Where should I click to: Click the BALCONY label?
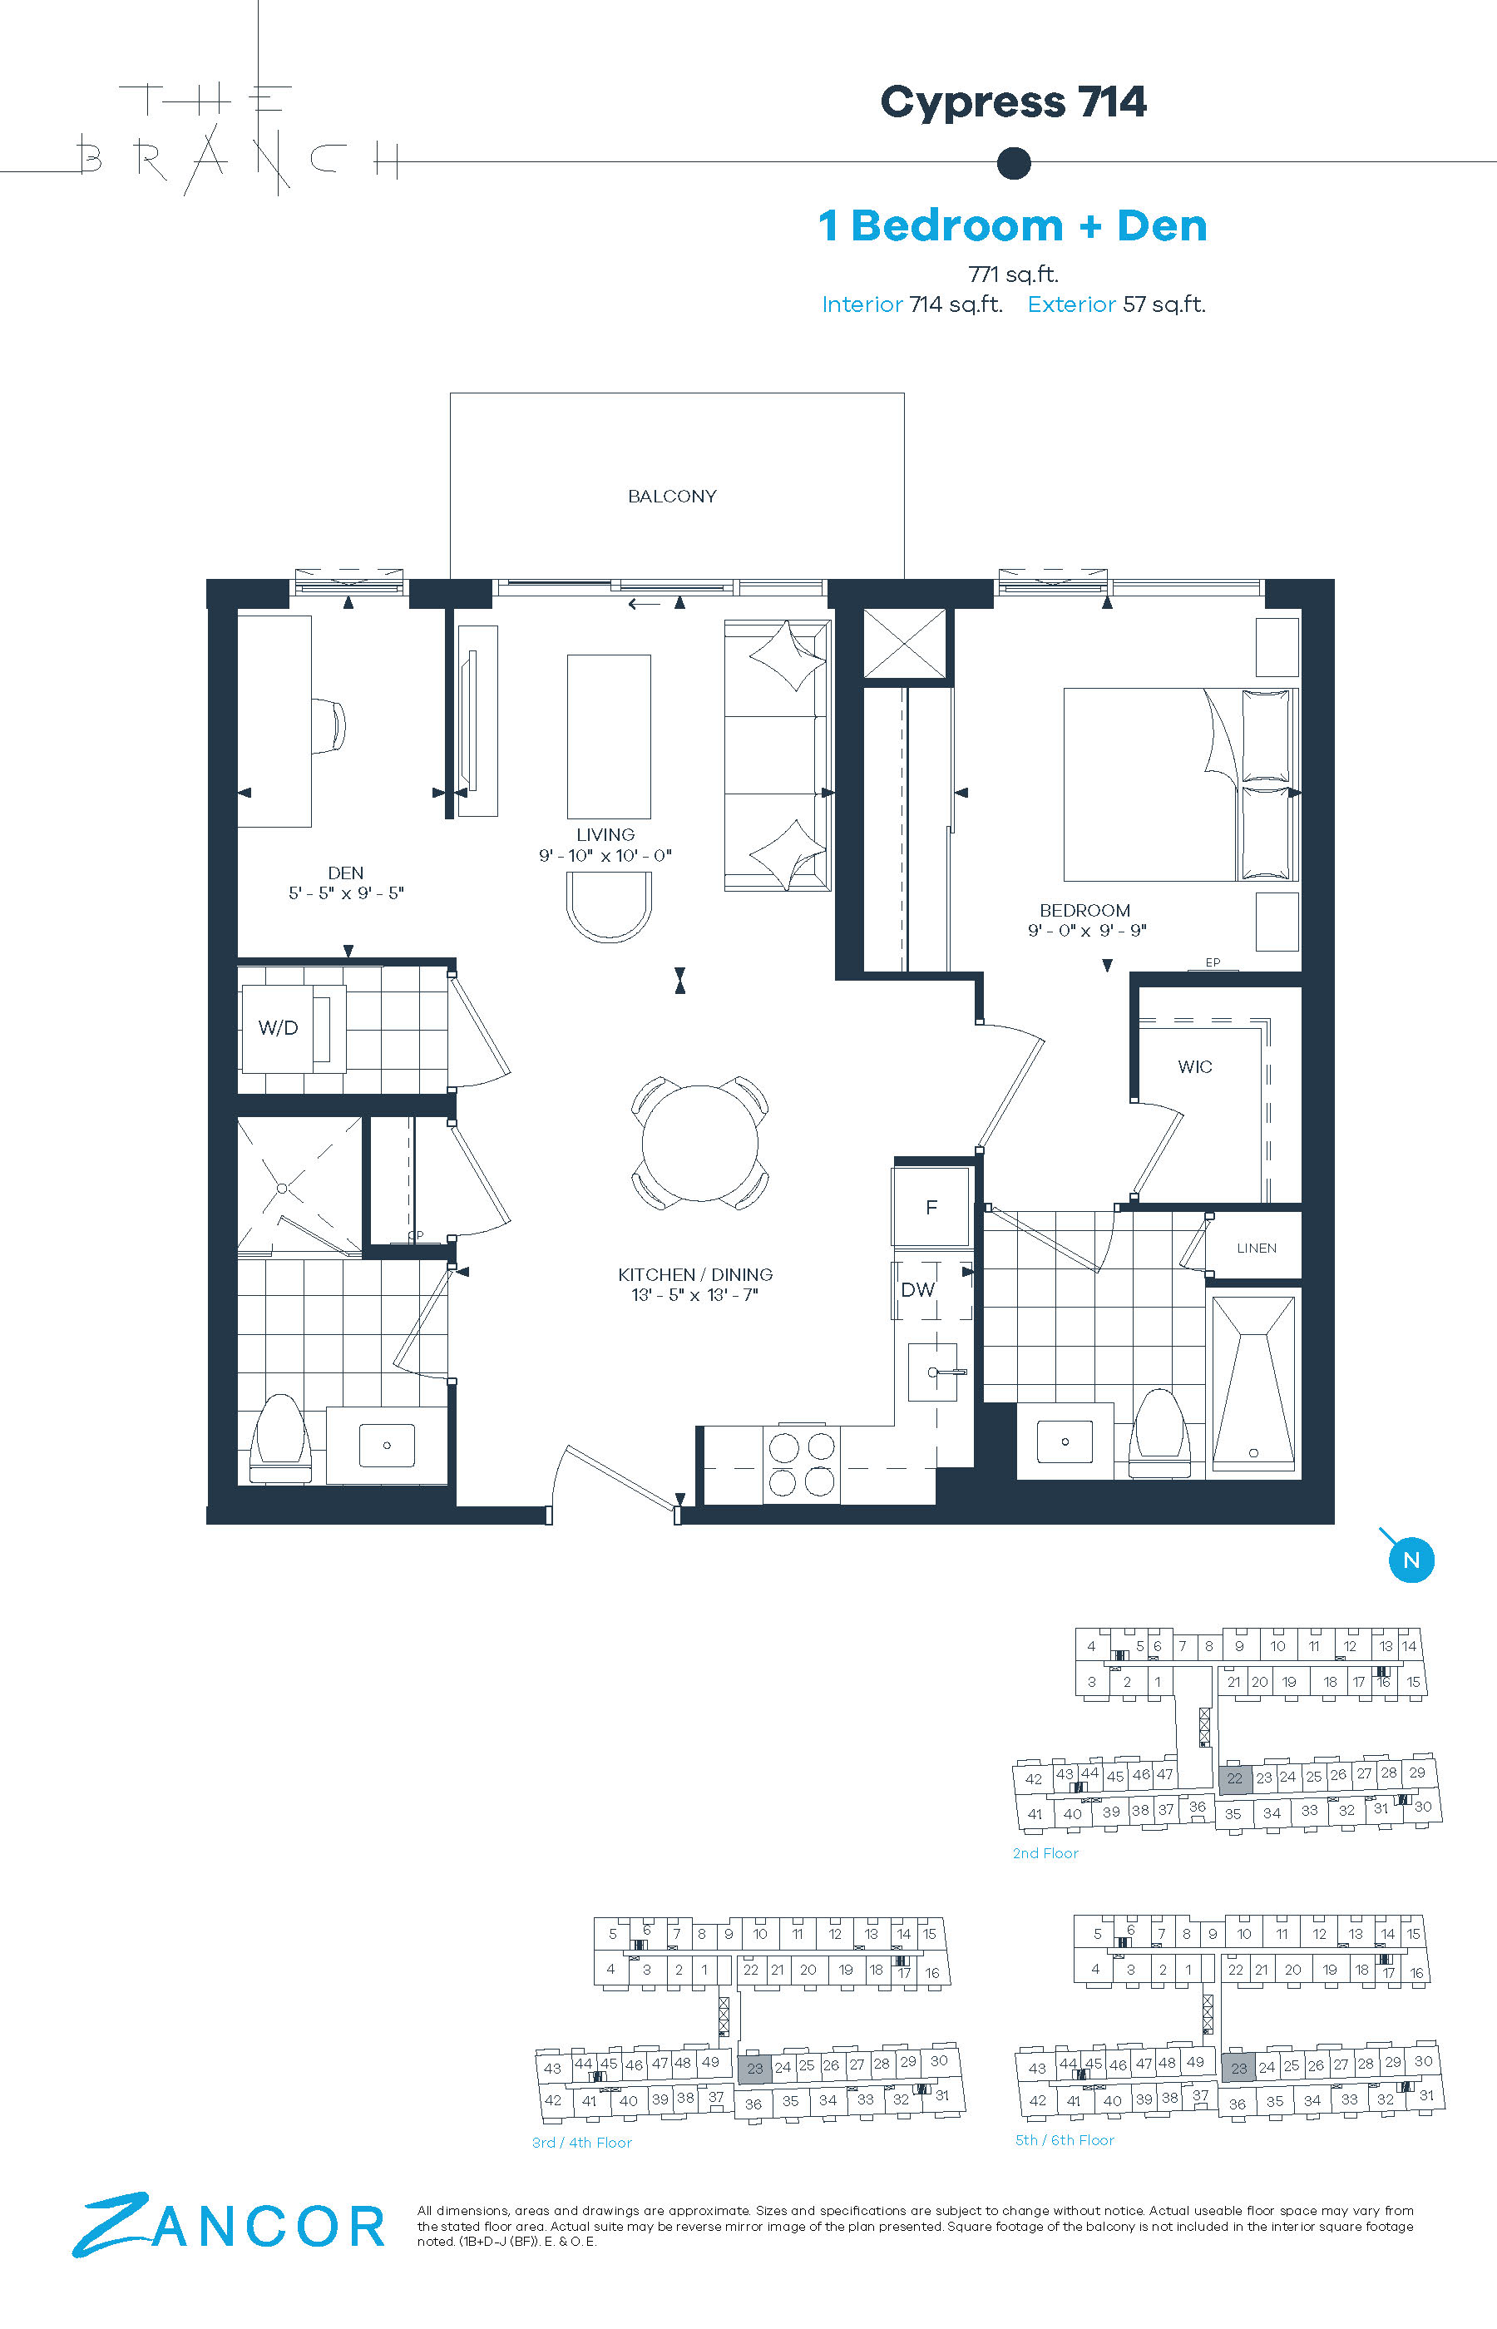point(672,496)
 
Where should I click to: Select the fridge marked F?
point(931,1207)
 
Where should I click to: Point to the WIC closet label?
point(1194,1066)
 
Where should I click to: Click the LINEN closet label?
point(1257,1249)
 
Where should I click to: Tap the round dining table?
point(700,1142)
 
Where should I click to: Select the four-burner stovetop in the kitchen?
point(802,1464)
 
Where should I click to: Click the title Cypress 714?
point(1013,102)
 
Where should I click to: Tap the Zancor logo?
point(230,2225)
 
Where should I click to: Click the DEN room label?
point(345,873)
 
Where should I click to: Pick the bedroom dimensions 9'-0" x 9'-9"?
point(1088,930)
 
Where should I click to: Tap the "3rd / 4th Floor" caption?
point(581,2143)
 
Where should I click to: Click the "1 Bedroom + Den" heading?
point(1013,225)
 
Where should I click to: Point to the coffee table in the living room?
point(609,737)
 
